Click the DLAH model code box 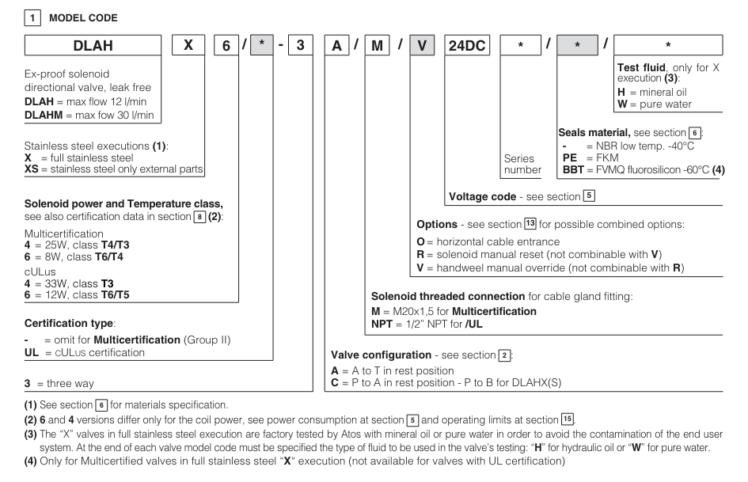pos(93,47)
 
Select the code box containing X pos(188,47)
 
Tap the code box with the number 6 pos(225,47)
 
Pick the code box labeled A pos(336,47)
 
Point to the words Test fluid pos(642,68)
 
